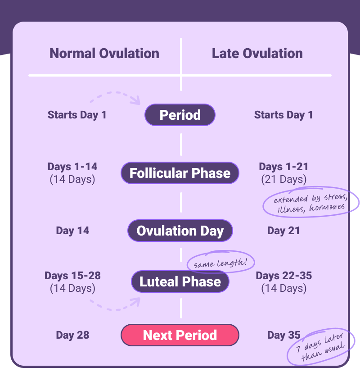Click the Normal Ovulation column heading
(x=104, y=54)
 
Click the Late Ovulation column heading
(x=257, y=54)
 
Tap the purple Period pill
(x=180, y=115)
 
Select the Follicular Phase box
(x=180, y=173)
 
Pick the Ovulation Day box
(x=180, y=231)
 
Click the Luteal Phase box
(x=180, y=282)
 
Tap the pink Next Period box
(x=180, y=336)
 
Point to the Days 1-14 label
(x=72, y=167)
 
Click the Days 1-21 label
(x=283, y=167)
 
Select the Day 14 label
(x=72, y=231)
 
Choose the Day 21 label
(x=283, y=231)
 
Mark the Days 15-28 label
(x=72, y=276)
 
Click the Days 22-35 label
(x=283, y=276)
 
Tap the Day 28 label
(x=72, y=336)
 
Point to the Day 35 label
(x=283, y=336)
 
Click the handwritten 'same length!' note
(x=220, y=262)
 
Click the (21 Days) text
(x=283, y=180)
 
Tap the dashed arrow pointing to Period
(x=115, y=96)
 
